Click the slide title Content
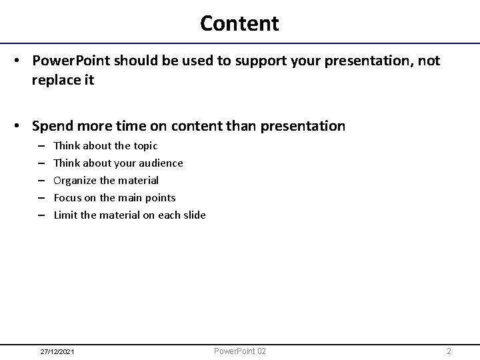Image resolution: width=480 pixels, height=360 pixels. [239, 23]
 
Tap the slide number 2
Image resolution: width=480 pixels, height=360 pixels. [449, 351]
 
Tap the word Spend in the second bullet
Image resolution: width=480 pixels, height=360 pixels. [52, 125]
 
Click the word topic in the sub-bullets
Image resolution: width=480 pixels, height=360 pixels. [145, 145]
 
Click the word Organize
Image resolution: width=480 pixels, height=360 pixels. [75, 180]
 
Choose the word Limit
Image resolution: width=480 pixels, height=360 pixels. [65, 215]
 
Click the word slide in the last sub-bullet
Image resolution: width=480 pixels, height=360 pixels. [193, 215]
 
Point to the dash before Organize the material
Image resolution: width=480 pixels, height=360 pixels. [41, 181]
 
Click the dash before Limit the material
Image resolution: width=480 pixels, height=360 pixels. [41, 215]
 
